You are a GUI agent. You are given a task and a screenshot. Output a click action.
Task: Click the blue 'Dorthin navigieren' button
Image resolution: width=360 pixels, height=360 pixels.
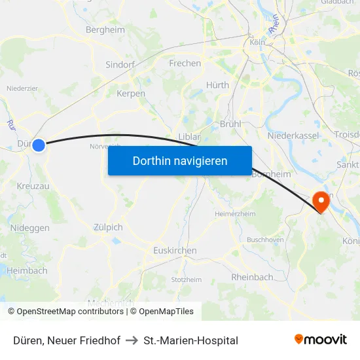[180, 160]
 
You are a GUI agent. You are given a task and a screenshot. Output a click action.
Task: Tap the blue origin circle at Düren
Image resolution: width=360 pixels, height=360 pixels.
[39, 145]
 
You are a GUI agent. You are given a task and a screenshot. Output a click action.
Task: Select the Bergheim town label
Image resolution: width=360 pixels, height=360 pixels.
[105, 29]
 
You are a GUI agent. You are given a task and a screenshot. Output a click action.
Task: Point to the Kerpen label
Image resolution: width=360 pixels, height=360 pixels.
[130, 94]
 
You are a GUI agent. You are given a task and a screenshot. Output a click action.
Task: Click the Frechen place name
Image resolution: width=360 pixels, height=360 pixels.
[185, 63]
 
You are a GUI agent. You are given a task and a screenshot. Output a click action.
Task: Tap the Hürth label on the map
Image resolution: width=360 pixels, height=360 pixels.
[218, 85]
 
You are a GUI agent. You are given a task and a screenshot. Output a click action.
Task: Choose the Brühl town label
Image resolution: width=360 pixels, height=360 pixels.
[231, 123]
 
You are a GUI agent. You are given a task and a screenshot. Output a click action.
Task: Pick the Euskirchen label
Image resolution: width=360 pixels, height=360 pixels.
[175, 251]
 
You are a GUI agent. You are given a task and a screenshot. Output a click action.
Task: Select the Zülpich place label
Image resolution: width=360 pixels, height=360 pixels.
[108, 227]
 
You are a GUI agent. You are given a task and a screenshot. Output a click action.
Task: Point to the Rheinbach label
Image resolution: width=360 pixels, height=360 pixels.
[252, 277]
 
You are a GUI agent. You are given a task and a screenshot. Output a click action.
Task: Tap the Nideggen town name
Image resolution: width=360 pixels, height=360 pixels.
[29, 228]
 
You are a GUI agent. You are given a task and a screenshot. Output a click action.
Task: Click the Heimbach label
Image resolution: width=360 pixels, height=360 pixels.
[27, 270]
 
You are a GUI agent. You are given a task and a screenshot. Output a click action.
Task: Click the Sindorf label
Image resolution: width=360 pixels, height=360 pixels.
[120, 65]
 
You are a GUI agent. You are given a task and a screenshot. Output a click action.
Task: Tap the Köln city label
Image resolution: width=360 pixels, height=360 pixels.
[257, 43]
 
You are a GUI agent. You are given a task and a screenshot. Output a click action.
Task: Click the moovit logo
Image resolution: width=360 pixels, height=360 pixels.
[321, 339]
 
